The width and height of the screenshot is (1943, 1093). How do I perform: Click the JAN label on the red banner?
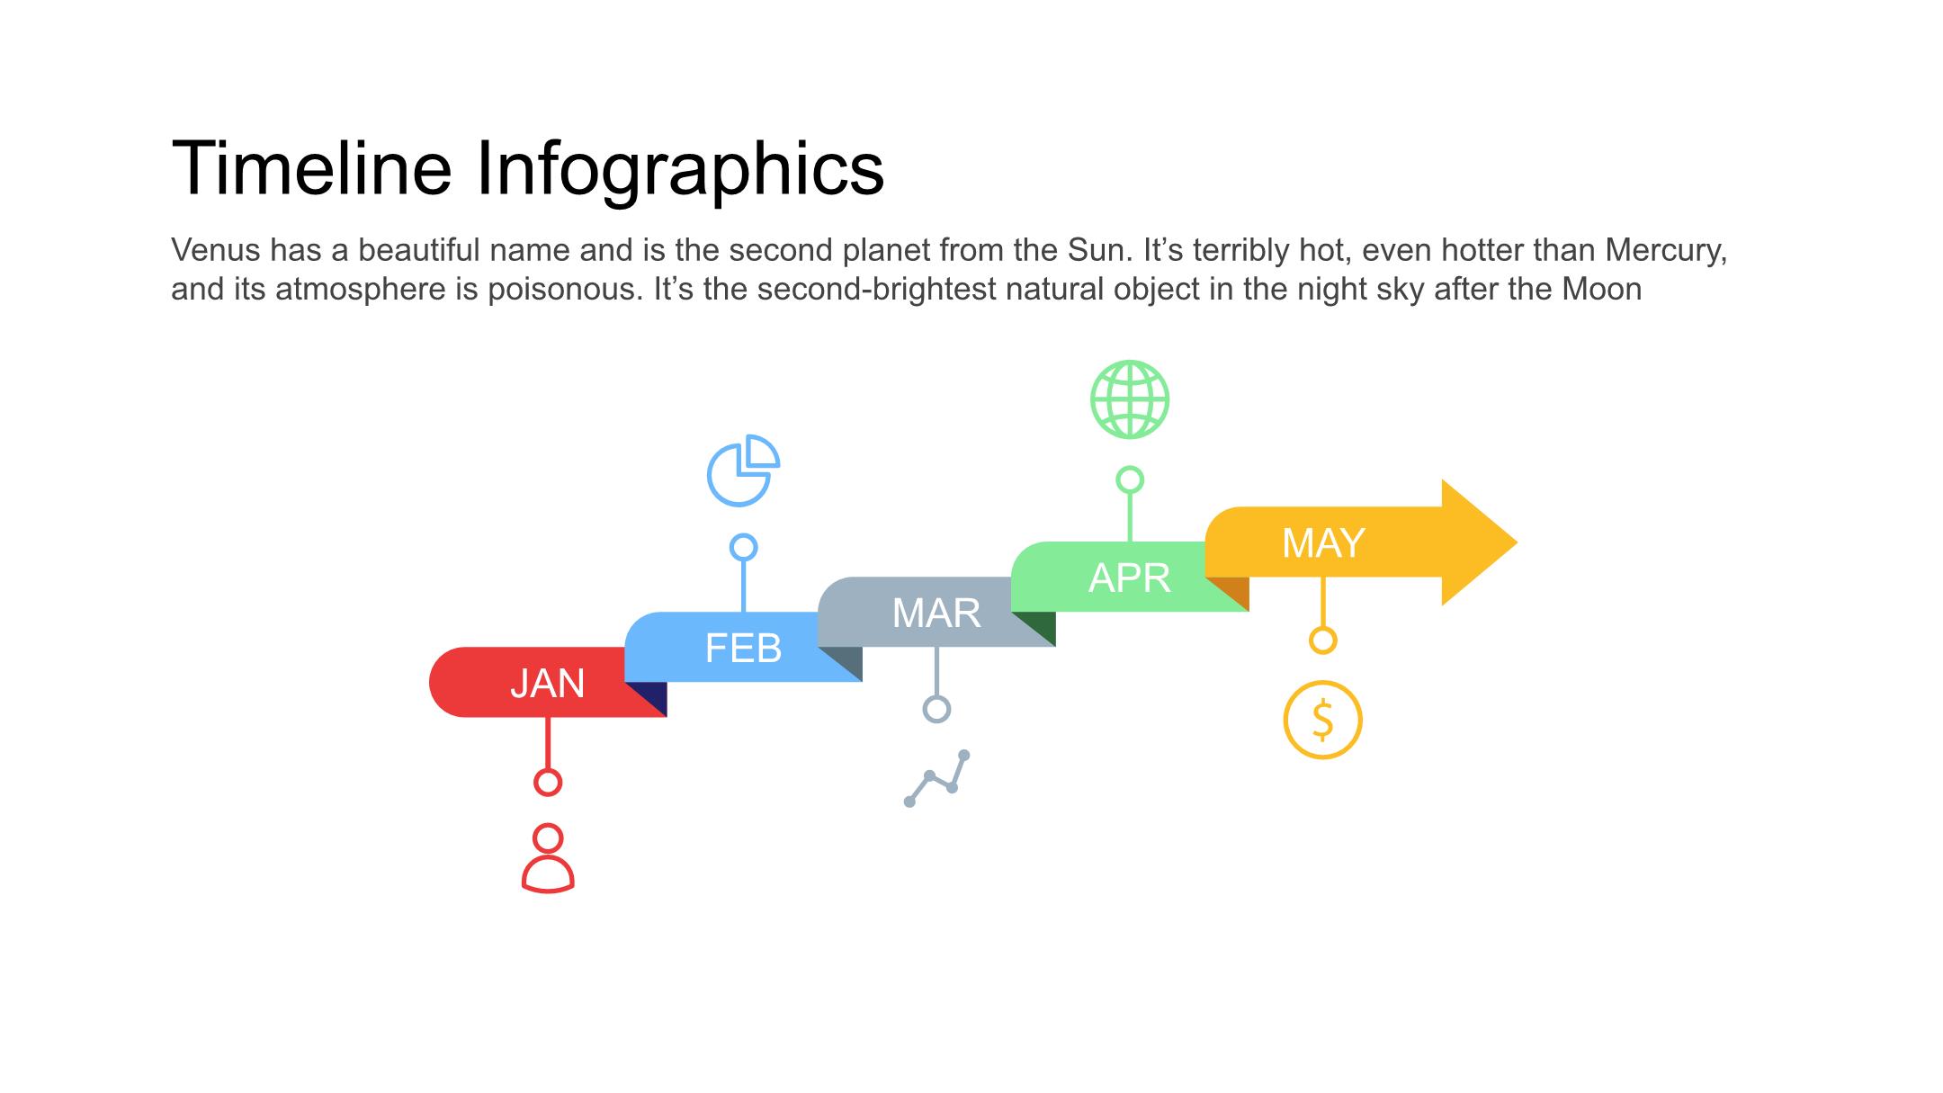point(547,684)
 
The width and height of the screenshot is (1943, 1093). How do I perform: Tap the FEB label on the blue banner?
point(743,648)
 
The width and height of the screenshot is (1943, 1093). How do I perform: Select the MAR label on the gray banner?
point(936,614)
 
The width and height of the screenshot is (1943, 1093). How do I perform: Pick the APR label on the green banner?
point(1130,578)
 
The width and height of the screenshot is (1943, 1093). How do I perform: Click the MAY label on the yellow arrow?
point(1323,543)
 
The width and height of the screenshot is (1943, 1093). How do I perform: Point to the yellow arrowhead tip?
point(1517,542)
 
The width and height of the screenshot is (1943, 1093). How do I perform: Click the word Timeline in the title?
point(311,167)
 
